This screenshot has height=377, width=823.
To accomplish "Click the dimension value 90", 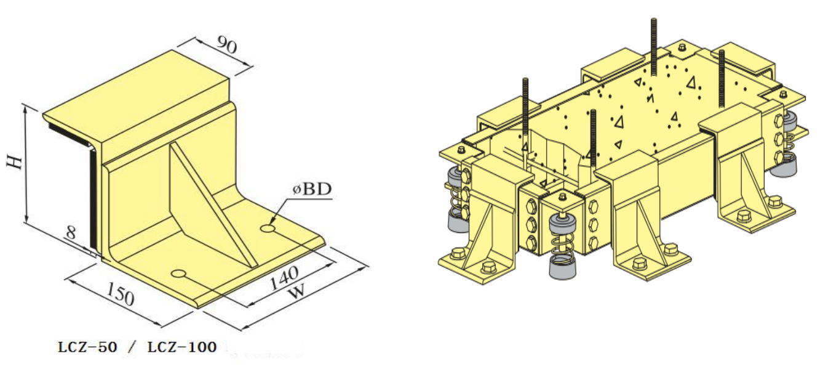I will (227, 46).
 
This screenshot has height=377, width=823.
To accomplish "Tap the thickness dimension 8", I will (73, 233).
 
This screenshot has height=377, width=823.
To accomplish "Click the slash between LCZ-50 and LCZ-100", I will (130, 347).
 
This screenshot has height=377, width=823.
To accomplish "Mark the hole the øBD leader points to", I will (268, 229).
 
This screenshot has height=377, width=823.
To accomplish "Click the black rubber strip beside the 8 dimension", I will (92, 197).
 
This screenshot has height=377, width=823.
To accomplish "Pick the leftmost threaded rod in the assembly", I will (526, 111).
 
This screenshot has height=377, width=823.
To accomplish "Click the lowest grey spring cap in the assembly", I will (561, 269).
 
